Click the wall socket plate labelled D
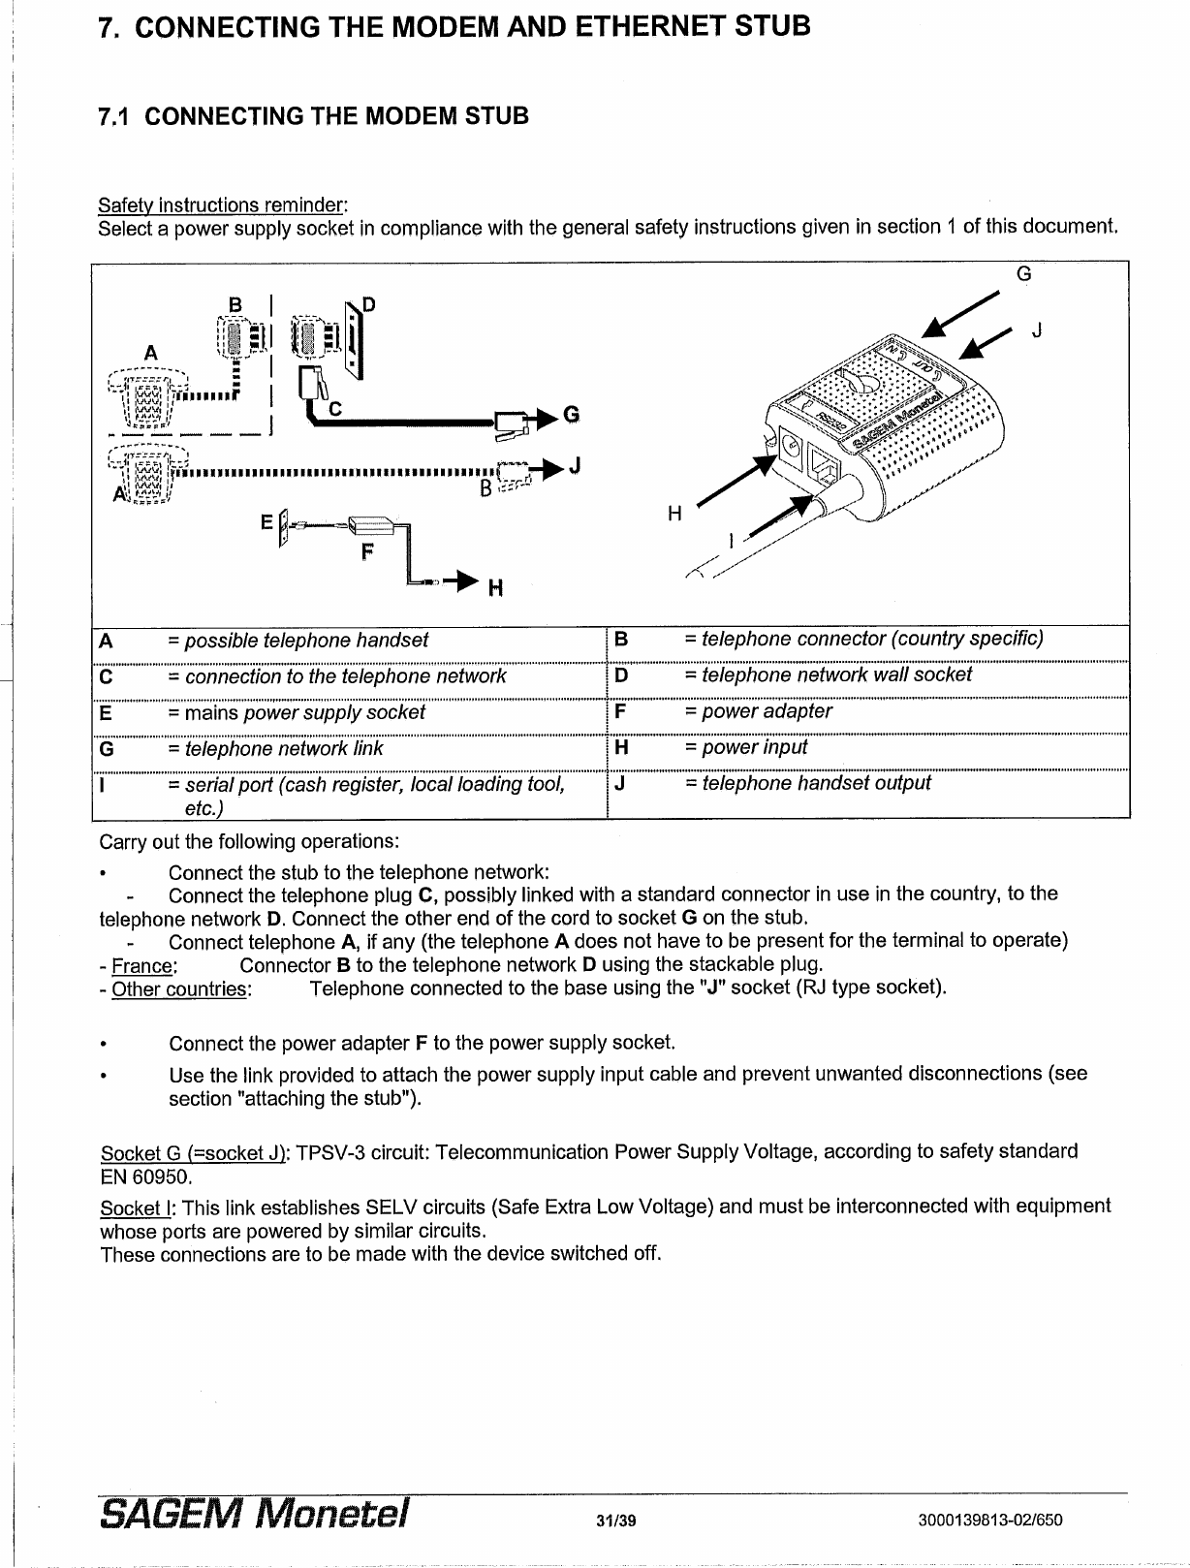[355, 337]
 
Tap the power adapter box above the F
[369, 526]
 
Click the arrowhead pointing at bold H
[468, 581]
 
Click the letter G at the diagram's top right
[1023, 273]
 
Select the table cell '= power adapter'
[758, 711]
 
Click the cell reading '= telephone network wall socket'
[828, 674]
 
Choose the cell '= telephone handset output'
[807, 783]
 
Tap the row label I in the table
[104, 784]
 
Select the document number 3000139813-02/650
[989, 1520]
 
